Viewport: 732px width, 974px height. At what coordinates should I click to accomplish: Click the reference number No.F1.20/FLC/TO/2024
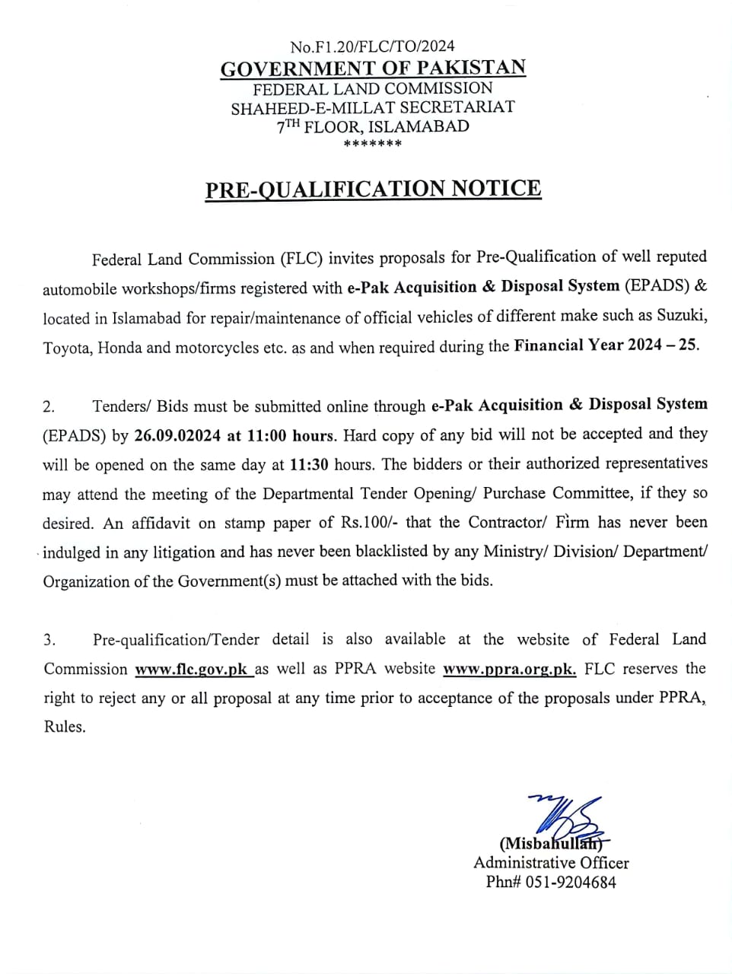pyautogui.click(x=373, y=47)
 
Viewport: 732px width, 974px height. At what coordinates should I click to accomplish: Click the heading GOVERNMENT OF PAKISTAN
pyautogui.click(x=373, y=68)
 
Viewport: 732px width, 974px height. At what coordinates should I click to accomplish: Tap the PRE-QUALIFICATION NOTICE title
pyautogui.click(x=373, y=189)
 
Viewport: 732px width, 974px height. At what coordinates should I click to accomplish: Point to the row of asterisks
pyautogui.click(x=373, y=144)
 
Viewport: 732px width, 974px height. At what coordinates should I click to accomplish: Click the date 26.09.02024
pyautogui.click(x=178, y=436)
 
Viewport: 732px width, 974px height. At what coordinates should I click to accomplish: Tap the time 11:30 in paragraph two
pyautogui.click(x=309, y=464)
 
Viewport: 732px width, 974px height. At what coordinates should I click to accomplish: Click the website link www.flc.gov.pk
pyautogui.click(x=193, y=670)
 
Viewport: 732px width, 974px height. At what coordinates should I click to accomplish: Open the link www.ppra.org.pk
pyautogui.click(x=509, y=670)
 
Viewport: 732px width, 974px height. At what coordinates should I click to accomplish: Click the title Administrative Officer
pyautogui.click(x=551, y=863)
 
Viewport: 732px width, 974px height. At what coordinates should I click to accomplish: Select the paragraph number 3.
pyautogui.click(x=49, y=641)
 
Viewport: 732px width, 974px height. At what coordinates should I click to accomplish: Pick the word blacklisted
pyautogui.click(x=436, y=552)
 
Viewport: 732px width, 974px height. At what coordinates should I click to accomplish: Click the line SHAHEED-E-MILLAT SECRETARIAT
pyautogui.click(x=373, y=107)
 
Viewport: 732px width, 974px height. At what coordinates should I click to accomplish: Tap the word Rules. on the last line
pyautogui.click(x=65, y=727)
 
